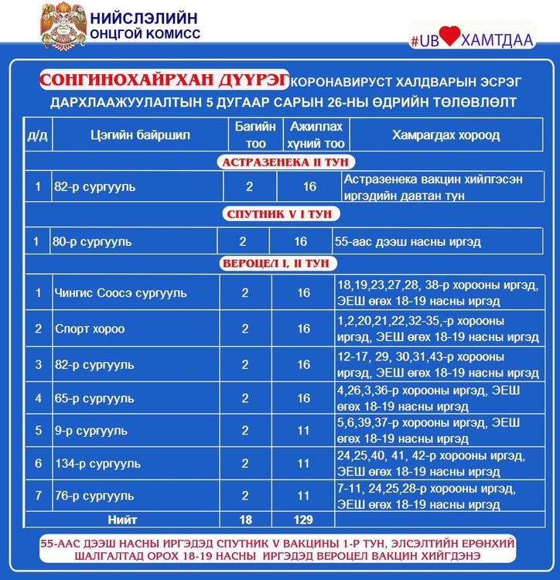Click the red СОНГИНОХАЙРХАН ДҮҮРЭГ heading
tap(164, 80)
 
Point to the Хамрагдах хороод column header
tap(446, 135)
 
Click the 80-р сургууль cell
tap(93, 242)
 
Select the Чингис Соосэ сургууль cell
tap(121, 294)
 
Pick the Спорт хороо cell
tap(90, 329)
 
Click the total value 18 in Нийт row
tap(245, 520)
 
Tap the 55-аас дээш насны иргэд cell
tap(408, 242)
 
